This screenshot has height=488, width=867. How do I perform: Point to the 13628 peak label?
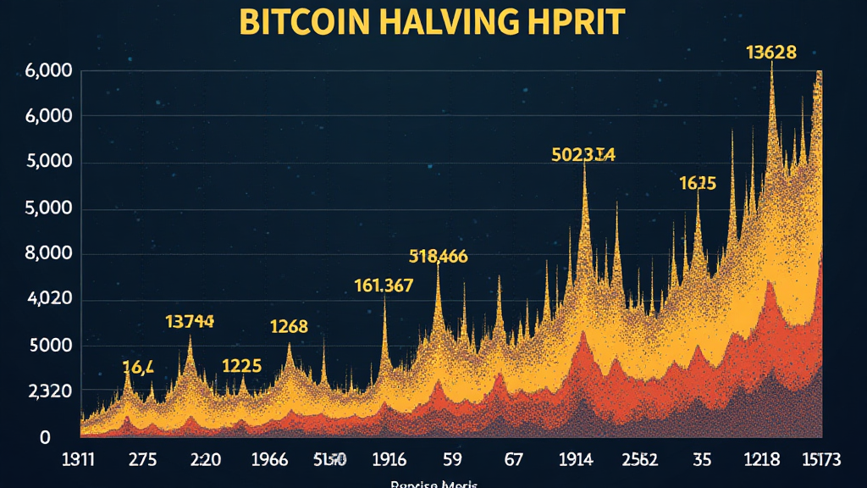[x=770, y=53]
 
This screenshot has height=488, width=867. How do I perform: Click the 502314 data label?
[x=583, y=154]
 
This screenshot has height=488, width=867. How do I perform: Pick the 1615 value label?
[x=698, y=183]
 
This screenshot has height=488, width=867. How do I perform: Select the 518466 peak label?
[x=438, y=256]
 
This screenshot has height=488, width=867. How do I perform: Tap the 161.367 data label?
[x=384, y=286]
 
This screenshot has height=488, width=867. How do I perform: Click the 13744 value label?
[x=191, y=322]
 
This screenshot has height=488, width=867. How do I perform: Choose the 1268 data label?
[x=289, y=326]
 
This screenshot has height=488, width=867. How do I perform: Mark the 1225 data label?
[x=241, y=366]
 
